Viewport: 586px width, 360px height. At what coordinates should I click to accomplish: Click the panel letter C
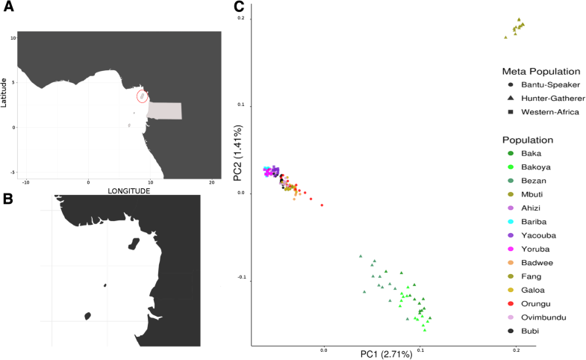point(239,7)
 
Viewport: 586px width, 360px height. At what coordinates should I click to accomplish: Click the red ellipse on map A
point(142,96)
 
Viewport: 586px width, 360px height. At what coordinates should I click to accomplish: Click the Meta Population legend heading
point(540,72)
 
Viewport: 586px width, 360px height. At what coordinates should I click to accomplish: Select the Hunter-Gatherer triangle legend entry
point(545,98)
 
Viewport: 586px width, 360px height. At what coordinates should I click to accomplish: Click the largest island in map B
point(134,243)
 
